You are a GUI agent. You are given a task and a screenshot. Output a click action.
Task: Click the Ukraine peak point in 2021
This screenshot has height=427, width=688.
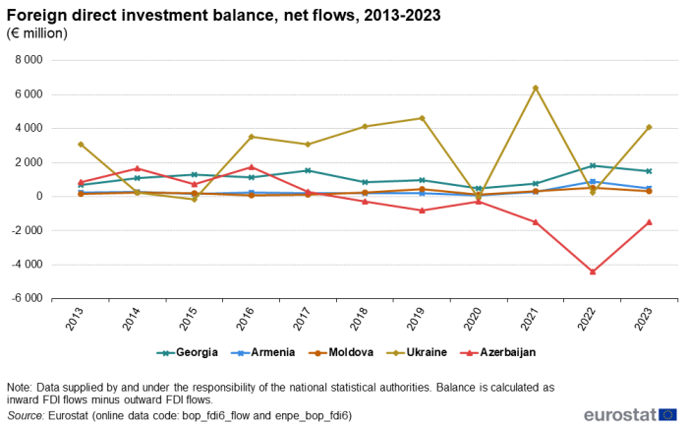pyautogui.click(x=535, y=88)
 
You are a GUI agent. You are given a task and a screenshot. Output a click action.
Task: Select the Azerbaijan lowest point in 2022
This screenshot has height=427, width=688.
pyautogui.click(x=592, y=272)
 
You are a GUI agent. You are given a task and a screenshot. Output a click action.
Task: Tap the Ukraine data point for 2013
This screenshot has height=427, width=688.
pyautogui.click(x=81, y=144)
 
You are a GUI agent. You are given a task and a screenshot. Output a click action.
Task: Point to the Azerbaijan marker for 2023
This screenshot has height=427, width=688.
pyautogui.click(x=649, y=221)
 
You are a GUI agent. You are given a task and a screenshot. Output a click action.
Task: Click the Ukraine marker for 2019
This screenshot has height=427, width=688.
pyautogui.click(x=422, y=118)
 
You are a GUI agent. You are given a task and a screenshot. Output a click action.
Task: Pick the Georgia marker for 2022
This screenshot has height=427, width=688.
pyautogui.click(x=592, y=165)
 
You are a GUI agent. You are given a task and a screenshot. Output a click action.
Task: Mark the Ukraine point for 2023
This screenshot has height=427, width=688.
pyautogui.click(x=649, y=127)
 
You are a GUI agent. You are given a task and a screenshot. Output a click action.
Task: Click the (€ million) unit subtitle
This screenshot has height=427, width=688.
pyautogui.click(x=37, y=33)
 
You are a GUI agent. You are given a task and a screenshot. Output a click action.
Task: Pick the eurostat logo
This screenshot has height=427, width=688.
pyautogui.click(x=629, y=414)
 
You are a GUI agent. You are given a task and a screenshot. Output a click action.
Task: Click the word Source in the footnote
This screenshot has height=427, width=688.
pyautogui.click(x=25, y=416)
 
